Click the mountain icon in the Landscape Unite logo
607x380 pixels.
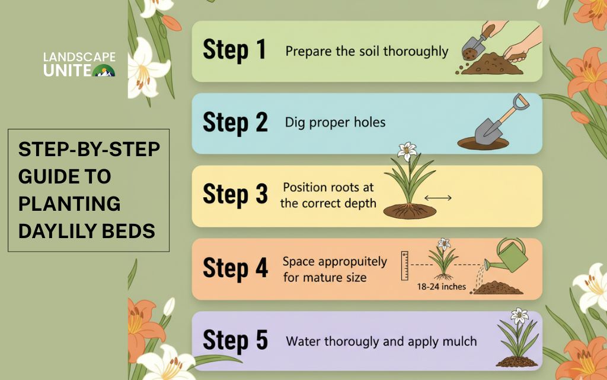tap(103, 71)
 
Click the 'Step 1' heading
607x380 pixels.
tap(235, 50)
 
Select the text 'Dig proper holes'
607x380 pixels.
tap(336, 122)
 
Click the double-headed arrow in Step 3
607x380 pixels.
tap(438, 198)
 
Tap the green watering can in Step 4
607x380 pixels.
tap(507, 255)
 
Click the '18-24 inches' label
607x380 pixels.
tap(441, 287)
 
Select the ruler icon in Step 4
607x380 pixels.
tap(404, 265)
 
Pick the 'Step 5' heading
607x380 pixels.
tap(235, 340)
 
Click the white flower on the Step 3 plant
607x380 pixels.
tap(407, 151)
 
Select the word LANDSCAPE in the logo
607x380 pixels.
tap(79, 58)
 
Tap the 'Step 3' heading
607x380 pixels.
tap(235, 194)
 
